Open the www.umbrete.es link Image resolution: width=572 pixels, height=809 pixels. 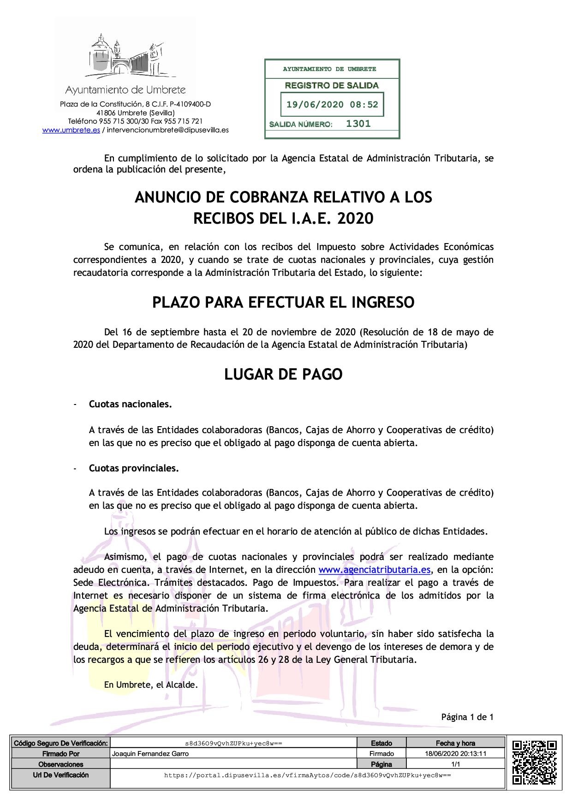71,130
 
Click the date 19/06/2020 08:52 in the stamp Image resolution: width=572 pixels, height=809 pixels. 332,104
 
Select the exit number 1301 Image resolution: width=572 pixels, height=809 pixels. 358,124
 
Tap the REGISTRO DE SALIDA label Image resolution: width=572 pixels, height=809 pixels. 332,85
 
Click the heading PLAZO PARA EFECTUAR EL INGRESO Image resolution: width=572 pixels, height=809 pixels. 283,303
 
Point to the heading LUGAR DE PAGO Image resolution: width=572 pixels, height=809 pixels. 283,375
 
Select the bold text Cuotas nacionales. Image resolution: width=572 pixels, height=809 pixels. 130,404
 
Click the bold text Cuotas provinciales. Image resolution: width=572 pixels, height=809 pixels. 134,468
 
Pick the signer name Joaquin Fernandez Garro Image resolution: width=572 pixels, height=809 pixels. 150,754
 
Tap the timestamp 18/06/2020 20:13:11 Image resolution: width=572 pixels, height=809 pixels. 455,754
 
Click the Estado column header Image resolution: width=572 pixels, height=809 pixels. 381,743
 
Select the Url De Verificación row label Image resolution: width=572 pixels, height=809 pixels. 60,775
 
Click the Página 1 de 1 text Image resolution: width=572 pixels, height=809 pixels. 467,717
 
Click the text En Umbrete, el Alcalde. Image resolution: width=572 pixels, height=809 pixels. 151,685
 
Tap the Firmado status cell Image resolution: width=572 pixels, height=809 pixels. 381,754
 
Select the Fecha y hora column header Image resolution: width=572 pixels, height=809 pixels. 455,743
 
